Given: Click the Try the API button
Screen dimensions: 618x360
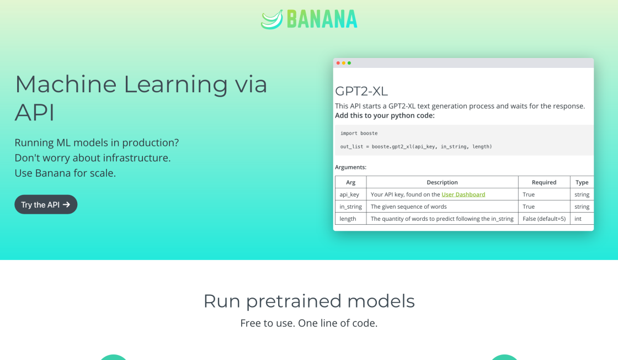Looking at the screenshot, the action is pos(46,204).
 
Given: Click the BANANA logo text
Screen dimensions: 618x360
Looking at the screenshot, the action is pos(322,19).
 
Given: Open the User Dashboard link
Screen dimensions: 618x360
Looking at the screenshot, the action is pos(463,194).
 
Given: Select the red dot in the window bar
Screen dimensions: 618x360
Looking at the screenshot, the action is pos(338,63).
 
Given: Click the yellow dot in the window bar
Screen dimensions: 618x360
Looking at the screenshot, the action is pos(344,63).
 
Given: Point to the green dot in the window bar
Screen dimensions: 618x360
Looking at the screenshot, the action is pos(349,63).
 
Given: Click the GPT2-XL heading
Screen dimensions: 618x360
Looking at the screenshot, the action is pos(361,91).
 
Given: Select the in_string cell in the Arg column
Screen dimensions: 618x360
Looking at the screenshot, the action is pos(351,207).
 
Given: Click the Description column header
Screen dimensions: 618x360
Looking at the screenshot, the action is pos(442,182).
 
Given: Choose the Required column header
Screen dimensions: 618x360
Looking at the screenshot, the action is pos(544,182).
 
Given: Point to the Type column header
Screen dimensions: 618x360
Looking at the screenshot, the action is pos(582,182).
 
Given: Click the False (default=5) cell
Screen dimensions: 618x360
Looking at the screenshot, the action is pos(544,219).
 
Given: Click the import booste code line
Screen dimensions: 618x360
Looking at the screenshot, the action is pos(359,133).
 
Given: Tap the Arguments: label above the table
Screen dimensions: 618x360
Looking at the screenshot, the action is pos(351,167).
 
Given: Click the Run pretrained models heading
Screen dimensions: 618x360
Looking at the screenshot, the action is pos(309,301).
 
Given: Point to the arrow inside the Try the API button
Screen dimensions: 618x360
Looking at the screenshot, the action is pos(66,205).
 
